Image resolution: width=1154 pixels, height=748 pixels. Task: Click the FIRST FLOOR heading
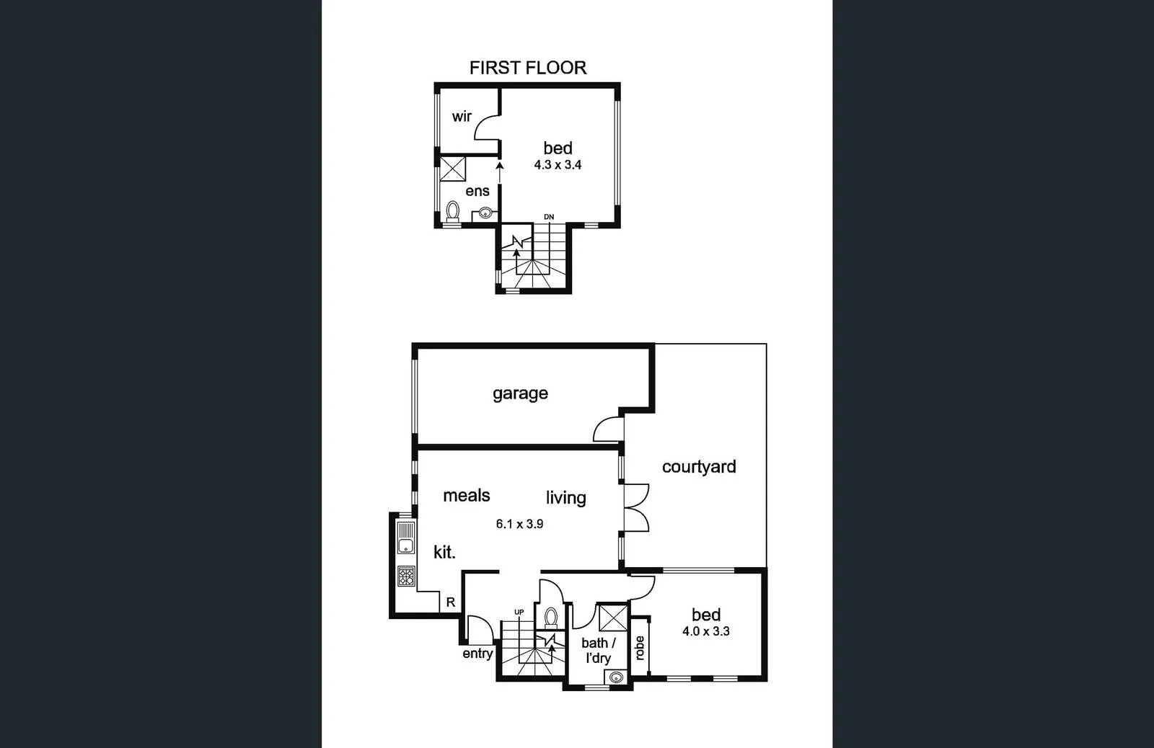tap(527, 68)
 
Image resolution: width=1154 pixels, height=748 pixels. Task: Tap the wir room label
tap(462, 116)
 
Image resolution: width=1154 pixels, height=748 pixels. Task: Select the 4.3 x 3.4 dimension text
tap(558, 165)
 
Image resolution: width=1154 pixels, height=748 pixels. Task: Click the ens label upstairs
tap(477, 191)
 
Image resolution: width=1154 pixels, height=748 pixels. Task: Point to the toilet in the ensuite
tap(453, 211)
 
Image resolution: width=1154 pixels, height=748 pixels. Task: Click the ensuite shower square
tap(454, 169)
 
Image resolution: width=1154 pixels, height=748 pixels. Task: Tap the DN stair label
tap(549, 217)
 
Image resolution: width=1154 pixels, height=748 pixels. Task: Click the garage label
tap(520, 393)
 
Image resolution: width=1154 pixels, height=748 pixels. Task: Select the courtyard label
tap(698, 467)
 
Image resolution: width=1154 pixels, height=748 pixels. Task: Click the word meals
tap(466, 496)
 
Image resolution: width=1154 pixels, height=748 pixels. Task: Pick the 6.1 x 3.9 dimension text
tap(519, 525)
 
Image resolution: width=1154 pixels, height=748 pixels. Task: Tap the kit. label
tap(444, 553)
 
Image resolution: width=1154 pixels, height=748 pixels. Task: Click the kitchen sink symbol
tap(406, 538)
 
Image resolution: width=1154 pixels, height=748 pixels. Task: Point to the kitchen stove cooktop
tap(406, 576)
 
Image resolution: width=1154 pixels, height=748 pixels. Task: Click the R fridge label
tap(451, 602)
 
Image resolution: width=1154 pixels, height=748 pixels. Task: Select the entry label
tap(477, 654)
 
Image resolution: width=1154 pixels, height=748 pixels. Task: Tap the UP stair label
tap(519, 613)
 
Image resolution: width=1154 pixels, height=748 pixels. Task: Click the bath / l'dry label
tap(599, 650)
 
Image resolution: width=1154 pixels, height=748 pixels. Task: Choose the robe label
tap(639, 647)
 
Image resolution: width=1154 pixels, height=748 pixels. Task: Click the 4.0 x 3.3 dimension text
tap(705, 632)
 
